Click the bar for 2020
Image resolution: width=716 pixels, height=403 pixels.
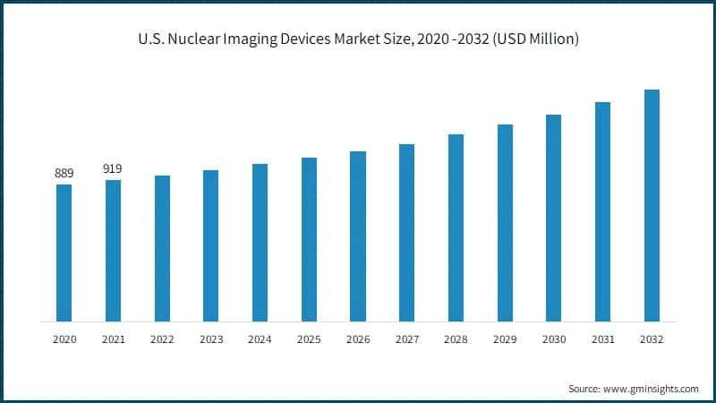64,253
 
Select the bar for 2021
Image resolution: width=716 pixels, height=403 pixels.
113,250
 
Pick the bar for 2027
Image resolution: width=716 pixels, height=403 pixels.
406,232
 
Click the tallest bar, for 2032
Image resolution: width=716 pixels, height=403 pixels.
652,205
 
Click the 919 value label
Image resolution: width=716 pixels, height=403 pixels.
113,168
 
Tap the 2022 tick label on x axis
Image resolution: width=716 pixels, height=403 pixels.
162,340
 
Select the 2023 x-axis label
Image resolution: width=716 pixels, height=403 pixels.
210,340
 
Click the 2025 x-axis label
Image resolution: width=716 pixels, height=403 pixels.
309,340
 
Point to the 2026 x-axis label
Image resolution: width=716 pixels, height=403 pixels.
357,340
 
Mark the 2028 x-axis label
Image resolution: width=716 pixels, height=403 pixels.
456,340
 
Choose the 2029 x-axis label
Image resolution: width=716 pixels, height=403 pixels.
505,340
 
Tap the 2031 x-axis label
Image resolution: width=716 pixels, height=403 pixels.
602,340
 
